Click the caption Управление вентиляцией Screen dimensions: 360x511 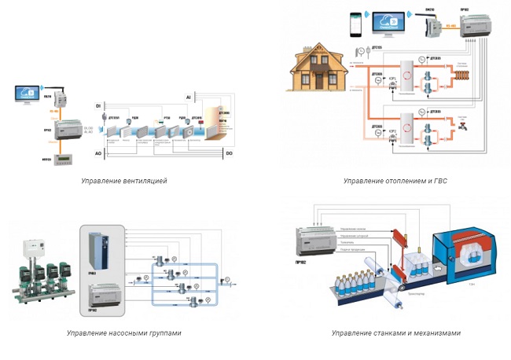[x=123, y=181]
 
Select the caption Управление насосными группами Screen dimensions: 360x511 [x=123, y=333]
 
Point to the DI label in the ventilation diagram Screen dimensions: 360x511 [x=98, y=105]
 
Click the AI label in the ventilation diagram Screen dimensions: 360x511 [x=188, y=97]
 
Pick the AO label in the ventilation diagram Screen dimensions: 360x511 [x=98, y=155]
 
